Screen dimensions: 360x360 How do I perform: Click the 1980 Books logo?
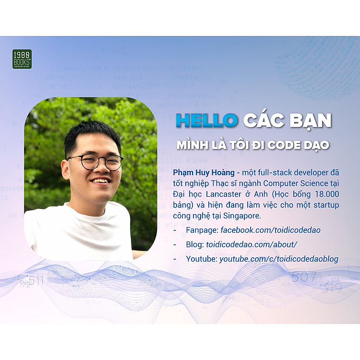22,59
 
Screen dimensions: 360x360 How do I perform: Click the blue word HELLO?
206,120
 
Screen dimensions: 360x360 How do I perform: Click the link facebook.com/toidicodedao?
271,230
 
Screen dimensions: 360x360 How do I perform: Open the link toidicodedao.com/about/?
252,244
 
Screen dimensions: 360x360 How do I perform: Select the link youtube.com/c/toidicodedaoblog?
278,259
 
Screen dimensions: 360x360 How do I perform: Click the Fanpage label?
202,230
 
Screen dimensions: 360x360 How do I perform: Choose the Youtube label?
202,259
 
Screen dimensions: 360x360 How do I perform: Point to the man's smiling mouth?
101,181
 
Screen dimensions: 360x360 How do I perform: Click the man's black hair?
91,132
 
